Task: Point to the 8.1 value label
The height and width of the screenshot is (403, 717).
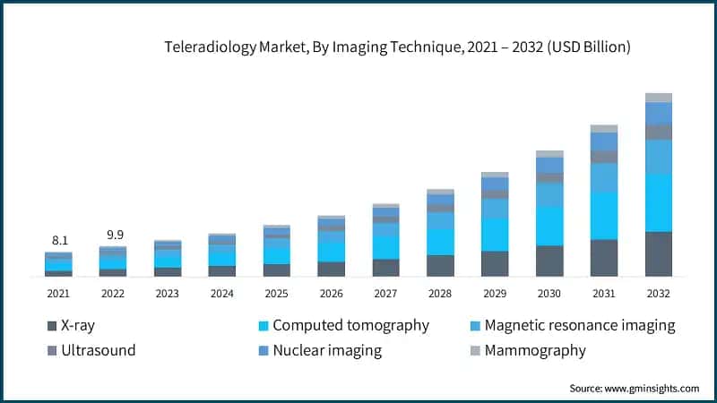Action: [59, 240]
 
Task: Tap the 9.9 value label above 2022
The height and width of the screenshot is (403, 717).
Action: [114, 235]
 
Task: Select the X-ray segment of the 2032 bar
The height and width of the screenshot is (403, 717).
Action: [659, 253]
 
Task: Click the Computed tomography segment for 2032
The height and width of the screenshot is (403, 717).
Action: [659, 202]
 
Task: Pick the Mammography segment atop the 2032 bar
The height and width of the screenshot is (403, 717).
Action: [659, 98]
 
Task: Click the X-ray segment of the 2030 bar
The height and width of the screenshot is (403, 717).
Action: [549, 261]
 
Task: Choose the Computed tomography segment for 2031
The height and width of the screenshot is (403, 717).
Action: [604, 216]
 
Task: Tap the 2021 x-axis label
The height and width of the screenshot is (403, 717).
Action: [59, 293]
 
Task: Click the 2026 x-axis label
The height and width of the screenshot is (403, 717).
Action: [332, 293]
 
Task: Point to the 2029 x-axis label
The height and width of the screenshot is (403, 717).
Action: [495, 293]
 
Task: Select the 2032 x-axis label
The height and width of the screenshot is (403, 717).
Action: [659, 293]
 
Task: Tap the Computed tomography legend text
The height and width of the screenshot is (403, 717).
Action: [350, 325]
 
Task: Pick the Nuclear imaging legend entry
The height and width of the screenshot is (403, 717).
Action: [327, 350]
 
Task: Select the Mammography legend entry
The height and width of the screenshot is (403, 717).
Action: [535, 350]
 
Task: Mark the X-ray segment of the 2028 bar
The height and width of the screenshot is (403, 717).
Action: [440, 266]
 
